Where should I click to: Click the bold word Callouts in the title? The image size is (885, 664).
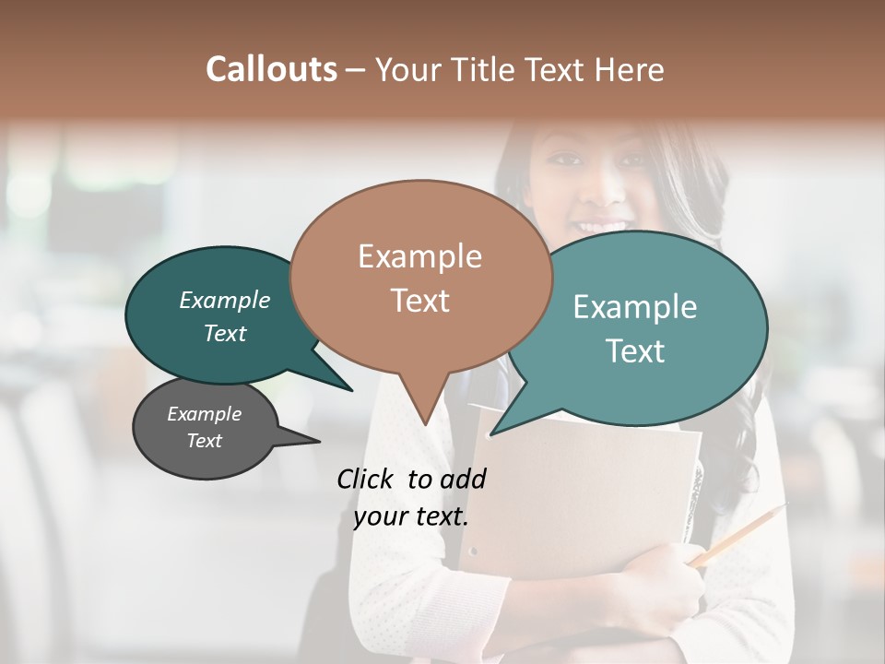271,69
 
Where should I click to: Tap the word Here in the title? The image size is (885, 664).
631,70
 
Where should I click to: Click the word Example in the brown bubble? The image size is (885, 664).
419,256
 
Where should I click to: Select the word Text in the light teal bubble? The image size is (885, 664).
635,351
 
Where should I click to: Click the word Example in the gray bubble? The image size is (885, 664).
205,414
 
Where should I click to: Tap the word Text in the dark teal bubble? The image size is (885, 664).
225,333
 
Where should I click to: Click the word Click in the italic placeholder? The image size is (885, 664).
366,478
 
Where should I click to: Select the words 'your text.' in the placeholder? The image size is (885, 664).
410,516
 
